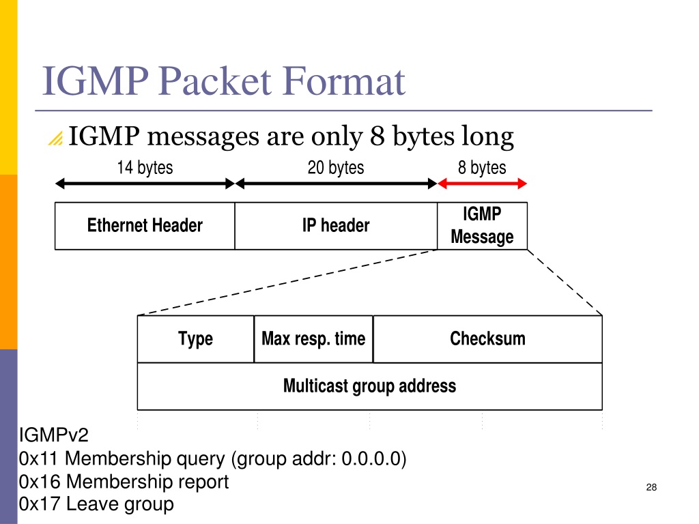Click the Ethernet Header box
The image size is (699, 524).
[x=145, y=226]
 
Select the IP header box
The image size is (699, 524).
[x=336, y=226]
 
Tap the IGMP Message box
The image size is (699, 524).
[x=483, y=226]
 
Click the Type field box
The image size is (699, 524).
[x=196, y=339]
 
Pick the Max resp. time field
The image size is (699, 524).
[x=313, y=339]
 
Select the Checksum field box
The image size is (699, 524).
[x=487, y=339]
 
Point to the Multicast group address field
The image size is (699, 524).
[x=369, y=386]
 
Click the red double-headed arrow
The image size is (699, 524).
[x=483, y=183]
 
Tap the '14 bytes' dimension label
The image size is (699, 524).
[x=145, y=168]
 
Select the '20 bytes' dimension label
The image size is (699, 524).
[x=336, y=168]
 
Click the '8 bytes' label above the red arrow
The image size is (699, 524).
[x=482, y=168]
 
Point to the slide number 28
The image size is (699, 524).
[x=651, y=487]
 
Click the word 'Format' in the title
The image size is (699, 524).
[x=344, y=81]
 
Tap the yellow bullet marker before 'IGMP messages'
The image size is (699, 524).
[x=56, y=139]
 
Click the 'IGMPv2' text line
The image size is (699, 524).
[x=53, y=435]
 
